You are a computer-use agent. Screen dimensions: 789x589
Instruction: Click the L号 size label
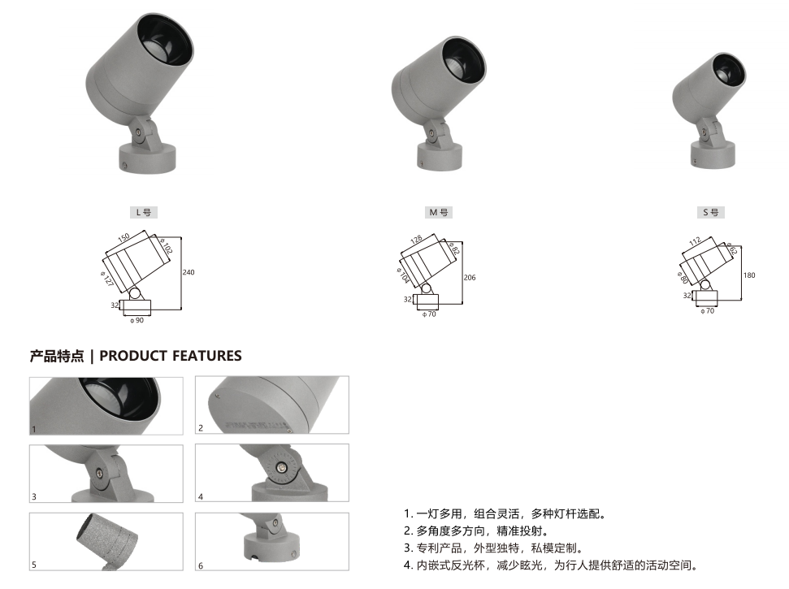click(143, 212)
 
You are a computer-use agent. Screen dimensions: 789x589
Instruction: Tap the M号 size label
click(438, 212)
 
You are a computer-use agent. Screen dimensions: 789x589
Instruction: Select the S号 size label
click(710, 212)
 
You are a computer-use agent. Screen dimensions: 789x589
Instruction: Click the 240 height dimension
click(189, 272)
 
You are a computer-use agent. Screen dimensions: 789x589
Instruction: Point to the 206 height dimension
click(470, 277)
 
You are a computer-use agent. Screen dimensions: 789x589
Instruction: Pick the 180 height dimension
click(749, 275)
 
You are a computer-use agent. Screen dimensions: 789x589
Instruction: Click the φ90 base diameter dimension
click(137, 320)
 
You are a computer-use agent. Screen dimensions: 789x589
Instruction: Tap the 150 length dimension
click(124, 237)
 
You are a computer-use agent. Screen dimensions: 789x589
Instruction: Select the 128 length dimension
click(416, 240)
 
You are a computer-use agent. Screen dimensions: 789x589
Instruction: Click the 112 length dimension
click(695, 241)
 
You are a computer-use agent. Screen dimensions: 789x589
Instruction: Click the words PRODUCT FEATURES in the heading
click(171, 356)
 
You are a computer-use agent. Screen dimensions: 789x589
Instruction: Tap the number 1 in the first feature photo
click(34, 429)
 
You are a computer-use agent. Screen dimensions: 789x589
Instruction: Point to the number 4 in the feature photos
click(200, 496)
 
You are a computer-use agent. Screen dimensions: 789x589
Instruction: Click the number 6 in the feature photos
click(200, 565)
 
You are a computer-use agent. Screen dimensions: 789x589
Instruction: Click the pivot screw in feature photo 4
click(284, 468)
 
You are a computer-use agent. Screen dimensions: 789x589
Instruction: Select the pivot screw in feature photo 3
click(100, 473)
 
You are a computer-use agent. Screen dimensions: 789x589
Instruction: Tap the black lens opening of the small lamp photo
click(728, 71)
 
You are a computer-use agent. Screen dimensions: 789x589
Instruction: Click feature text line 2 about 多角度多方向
click(476, 531)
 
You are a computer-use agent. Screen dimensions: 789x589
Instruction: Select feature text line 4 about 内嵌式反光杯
click(551, 565)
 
